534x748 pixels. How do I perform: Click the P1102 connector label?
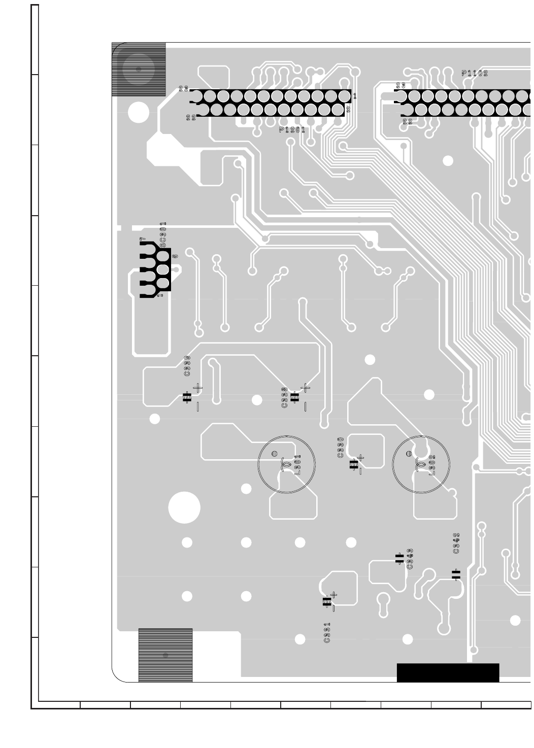coord(475,73)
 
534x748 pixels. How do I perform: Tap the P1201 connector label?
coord(292,130)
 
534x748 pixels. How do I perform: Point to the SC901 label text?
coord(163,235)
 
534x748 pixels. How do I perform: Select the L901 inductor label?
coord(298,464)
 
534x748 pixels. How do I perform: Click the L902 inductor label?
coord(432,464)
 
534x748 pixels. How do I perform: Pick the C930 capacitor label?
coord(341,448)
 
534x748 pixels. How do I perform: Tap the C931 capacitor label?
coord(327,633)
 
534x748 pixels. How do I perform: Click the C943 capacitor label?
coord(410,559)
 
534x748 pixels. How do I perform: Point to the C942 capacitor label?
coord(456,543)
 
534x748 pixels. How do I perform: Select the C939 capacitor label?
coord(187,366)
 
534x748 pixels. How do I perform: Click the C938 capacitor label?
coord(284,397)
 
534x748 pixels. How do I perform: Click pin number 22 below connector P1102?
coord(407,122)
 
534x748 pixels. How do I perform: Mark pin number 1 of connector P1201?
coord(354,96)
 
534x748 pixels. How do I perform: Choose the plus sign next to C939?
coord(197,388)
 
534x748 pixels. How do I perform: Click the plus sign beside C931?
coord(333,594)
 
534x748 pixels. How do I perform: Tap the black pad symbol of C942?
coord(456,574)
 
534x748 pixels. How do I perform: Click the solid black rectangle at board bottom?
coord(448,673)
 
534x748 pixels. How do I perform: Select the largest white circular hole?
coord(184,507)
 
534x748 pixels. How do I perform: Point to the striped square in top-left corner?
coord(139,70)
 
